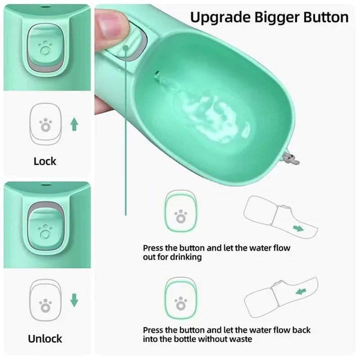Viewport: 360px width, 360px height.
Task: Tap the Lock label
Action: pyautogui.click(x=45, y=161)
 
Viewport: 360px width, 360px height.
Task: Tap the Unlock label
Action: pyautogui.click(x=45, y=338)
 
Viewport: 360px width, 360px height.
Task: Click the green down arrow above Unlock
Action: pyautogui.click(x=74, y=300)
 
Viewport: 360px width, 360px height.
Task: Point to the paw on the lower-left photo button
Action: pyautogui.click(x=45, y=232)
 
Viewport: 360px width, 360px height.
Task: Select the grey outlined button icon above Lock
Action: pyautogui.click(x=45, y=124)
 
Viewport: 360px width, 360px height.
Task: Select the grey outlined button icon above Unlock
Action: pyautogui.click(x=45, y=301)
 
